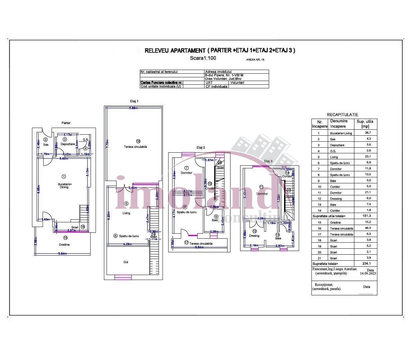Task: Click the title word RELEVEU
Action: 157,51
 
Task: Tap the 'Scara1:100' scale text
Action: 203,58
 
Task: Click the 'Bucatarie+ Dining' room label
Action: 65,185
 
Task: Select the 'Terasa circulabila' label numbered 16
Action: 135,147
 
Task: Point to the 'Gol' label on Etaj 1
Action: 126,262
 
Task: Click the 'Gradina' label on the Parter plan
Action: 64,245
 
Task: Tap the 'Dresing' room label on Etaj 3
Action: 254,236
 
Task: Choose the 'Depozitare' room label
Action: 67,144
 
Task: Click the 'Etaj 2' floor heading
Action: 201,147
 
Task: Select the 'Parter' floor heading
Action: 66,123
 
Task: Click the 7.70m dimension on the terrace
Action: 107,144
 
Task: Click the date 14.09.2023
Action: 368,273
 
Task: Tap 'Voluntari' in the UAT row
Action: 237,83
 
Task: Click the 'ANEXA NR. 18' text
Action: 255,60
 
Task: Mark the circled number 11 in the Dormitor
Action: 261,187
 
